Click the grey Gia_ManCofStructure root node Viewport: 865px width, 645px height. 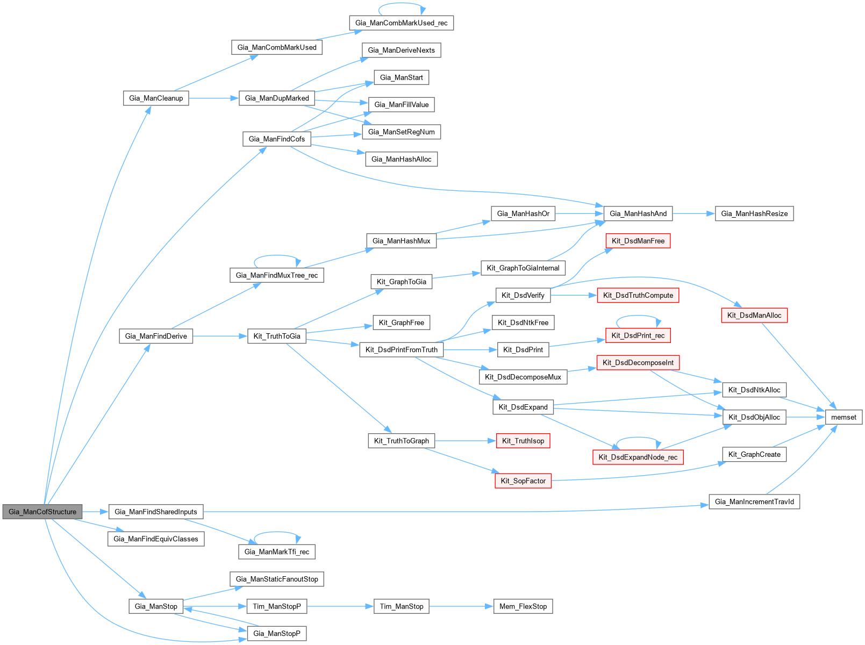coord(42,512)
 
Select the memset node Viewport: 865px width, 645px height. coord(843,417)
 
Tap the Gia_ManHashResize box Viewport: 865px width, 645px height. coord(754,213)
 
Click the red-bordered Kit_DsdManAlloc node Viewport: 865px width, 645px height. coord(754,316)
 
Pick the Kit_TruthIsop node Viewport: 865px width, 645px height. coord(523,441)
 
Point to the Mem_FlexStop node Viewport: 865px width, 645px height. coord(523,606)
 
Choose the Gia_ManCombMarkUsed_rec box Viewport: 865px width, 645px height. coord(401,23)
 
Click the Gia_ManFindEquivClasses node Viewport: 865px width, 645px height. coord(156,539)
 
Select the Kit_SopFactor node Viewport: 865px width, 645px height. coord(523,481)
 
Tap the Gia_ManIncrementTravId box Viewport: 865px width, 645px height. coord(754,502)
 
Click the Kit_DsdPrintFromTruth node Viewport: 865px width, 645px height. coord(402,350)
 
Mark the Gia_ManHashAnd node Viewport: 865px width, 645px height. coord(638,213)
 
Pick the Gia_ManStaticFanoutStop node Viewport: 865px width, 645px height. coord(277,579)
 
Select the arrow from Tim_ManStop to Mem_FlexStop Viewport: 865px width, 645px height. coord(461,606)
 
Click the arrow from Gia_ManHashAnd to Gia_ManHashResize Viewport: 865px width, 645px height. coord(694,213)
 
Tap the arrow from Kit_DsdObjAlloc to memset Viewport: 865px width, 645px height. coord(806,417)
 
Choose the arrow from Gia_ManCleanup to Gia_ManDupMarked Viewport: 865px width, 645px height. coord(213,98)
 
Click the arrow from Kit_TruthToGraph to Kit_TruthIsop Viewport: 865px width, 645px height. coord(465,441)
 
